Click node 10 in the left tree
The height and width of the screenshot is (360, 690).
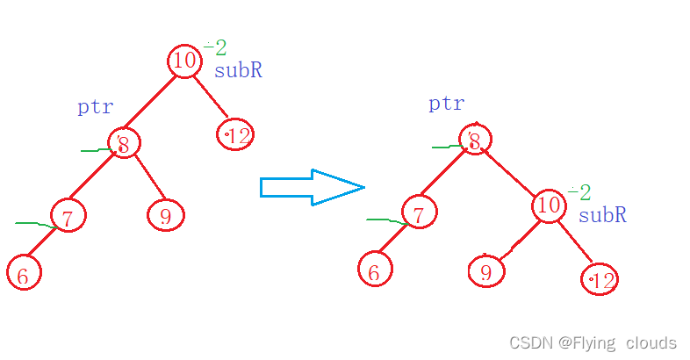click(x=184, y=61)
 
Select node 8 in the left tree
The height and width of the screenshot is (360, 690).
click(x=124, y=143)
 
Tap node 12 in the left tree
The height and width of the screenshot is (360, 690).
click(x=235, y=134)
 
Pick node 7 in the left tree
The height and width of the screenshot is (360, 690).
click(x=68, y=215)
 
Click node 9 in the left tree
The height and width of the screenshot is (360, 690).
click(x=165, y=214)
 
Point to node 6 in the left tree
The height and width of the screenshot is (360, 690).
click(x=23, y=273)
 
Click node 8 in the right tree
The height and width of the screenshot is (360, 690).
click(x=474, y=139)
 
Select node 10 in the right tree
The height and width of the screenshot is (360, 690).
click(x=549, y=205)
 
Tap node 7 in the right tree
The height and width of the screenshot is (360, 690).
click(x=420, y=212)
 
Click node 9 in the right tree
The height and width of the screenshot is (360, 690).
click(x=485, y=271)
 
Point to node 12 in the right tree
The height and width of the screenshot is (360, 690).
click(x=600, y=279)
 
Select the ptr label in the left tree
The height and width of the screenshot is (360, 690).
click(x=95, y=108)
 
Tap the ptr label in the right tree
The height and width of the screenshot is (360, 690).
click(x=446, y=104)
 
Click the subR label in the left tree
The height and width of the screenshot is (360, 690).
click(x=238, y=70)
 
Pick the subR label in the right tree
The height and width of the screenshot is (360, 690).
click(x=602, y=215)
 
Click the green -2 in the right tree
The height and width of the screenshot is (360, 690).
click(x=579, y=192)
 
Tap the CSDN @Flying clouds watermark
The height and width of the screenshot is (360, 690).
click(x=593, y=342)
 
